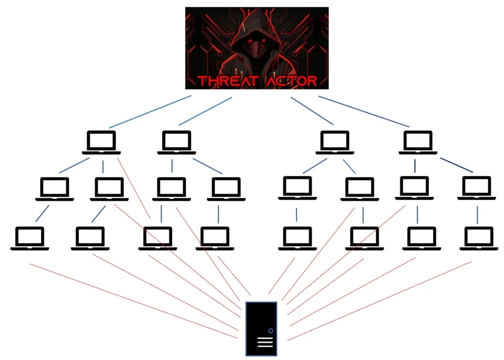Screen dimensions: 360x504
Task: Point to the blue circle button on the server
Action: [x=270, y=330]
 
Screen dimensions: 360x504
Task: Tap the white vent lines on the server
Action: [x=265, y=343]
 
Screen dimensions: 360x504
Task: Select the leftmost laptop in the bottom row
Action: [x=30, y=238]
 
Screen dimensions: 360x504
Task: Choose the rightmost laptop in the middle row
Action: [x=476, y=188]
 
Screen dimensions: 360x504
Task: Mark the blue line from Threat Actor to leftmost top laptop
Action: [x=150, y=112]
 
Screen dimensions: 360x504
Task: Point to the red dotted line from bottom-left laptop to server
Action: [x=133, y=301]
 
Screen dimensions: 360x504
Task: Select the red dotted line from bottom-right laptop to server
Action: [x=379, y=301]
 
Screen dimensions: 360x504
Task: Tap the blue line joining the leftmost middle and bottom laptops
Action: [x=42, y=212]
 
